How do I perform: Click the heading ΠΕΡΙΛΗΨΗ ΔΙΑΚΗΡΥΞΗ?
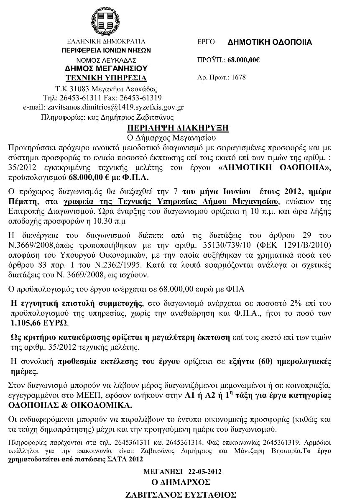pos(178,128)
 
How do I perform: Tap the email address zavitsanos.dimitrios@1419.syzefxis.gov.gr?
pos(103,107)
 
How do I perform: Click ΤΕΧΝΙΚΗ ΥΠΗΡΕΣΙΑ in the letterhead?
pos(106,78)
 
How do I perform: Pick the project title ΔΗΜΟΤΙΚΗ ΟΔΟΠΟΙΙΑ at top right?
pos(270,42)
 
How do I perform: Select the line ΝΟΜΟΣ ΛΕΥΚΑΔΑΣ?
pos(106,60)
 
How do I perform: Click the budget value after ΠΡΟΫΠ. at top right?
pos(244,60)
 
